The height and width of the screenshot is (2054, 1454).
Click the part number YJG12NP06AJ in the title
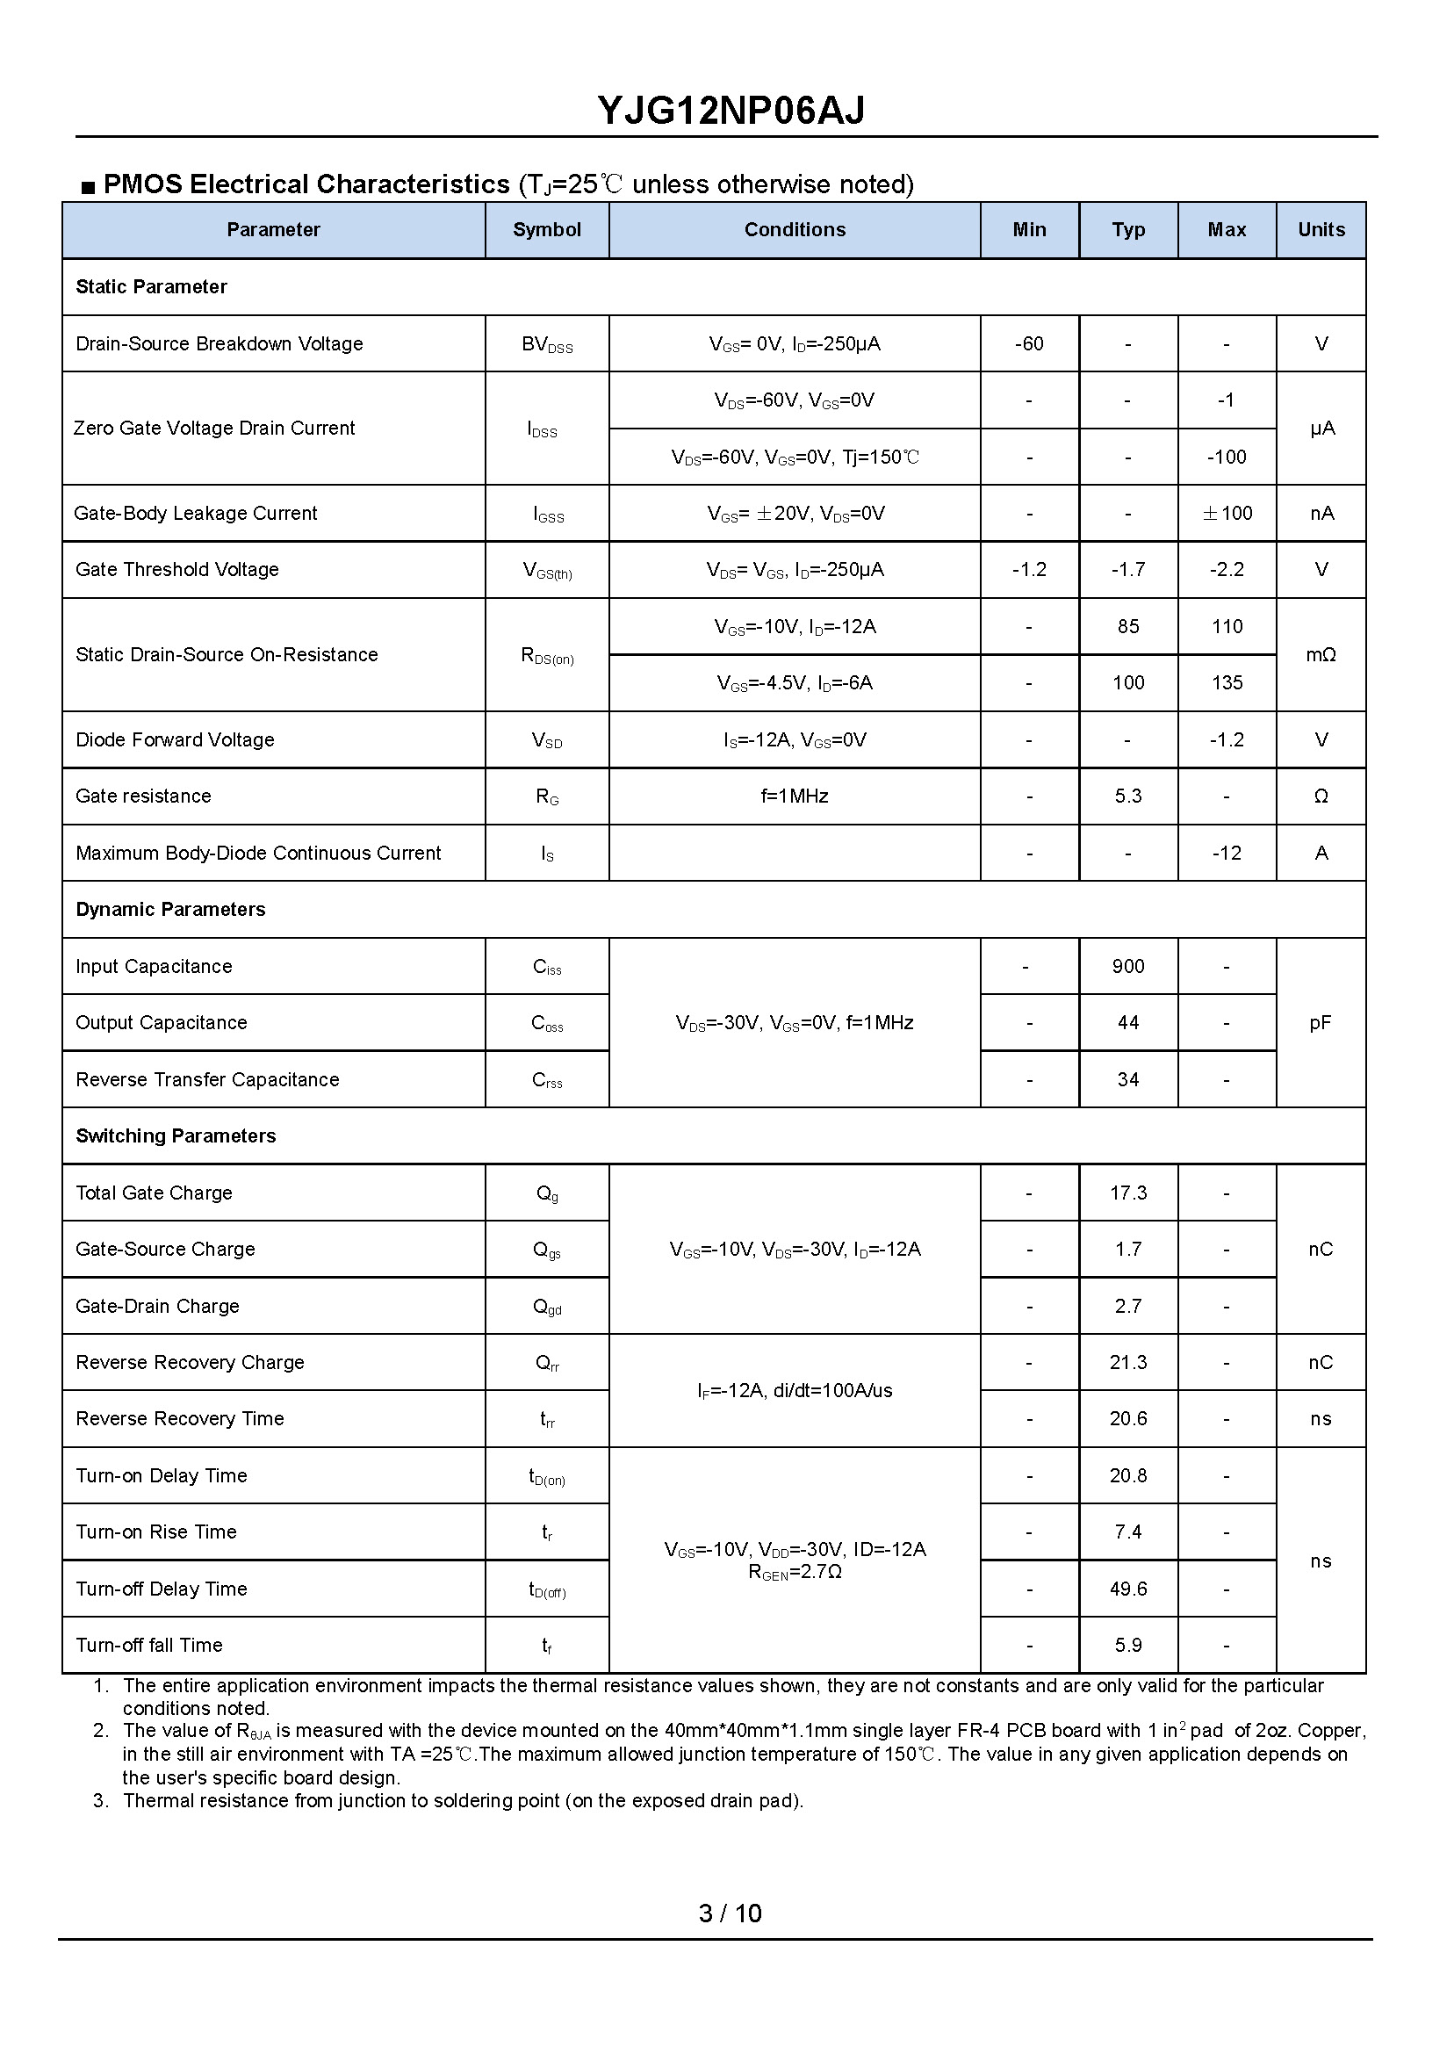tap(731, 111)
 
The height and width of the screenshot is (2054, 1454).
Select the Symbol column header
tap(546, 230)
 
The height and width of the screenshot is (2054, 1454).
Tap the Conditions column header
tap(794, 230)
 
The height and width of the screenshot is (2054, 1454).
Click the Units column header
tap(1321, 230)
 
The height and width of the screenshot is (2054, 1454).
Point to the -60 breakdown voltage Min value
tap(1029, 344)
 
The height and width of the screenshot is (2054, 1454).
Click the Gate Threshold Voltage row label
tap(177, 569)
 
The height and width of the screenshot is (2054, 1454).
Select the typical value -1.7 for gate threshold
tap(1127, 569)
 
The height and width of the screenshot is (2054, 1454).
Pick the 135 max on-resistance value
tap(1227, 683)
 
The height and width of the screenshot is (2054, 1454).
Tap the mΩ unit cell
tap(1321, 655)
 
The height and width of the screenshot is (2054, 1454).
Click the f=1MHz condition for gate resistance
tap(794, 796)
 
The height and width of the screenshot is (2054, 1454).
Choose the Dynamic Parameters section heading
tap(171, 910)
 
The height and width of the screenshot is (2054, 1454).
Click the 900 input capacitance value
tap(1127, 966)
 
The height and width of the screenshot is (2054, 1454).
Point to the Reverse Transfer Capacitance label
tap(208, 1080)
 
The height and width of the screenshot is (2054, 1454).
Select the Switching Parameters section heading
tap(176, 1136)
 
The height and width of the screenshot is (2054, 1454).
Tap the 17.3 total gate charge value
tap(1127, 1193)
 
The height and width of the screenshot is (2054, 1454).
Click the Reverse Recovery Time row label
tap(180, 1419)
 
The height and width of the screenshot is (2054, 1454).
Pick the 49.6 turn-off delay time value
tap(1127, 1589)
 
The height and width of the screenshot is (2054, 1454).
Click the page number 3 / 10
tap(730, 1913)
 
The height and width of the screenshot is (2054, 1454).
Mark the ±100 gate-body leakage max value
tap(1227, 514)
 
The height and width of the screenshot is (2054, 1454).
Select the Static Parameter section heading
tap(151, 287)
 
